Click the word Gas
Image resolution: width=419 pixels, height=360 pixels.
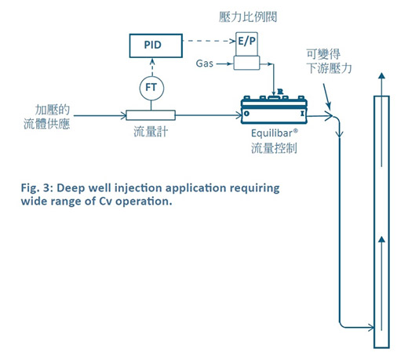pyautogui.click(x=205, y=64)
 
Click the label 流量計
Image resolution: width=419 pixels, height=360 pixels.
pyautogui.click(x=151, y=132)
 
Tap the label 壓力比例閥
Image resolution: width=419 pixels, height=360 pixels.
pyautogui.click(x=248, y=16)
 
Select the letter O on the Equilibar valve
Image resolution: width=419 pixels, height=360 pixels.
pyautogui.click(x=246, y=114)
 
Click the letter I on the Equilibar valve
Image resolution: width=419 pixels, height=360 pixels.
pyautogui.click(x=302, y=114)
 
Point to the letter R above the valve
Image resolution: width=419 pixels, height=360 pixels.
pyautogui.click(x=280, y=92)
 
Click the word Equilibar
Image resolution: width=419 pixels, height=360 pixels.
pyautogui.click(x=272, y=133)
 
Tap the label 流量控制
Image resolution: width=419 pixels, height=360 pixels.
pyautogui.click(x=274, y=148)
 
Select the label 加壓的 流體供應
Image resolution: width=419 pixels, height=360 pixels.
pyautogui.click(x=47, y=117)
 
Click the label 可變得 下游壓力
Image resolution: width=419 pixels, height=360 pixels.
pyautogui.click(x=329, y=61)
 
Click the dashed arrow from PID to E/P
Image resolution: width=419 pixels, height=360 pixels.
pyautogui.click(x=209, y=41)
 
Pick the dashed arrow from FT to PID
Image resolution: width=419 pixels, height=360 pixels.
pyautogui.click(x=152, y=67)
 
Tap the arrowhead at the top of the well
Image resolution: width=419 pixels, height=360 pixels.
pyautogui.click(x=382, y=75)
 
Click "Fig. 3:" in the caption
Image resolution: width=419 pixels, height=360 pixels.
pyautogui.click(x=37, y=187)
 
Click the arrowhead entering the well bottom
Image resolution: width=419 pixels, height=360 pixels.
pyautogui.click(x=371, y=327)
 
